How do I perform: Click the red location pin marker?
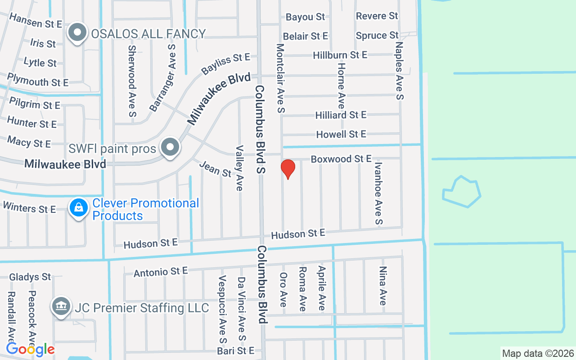point(288,169)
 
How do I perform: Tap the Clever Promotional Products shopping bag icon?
point(79,208)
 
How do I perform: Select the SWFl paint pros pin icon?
point(171,147)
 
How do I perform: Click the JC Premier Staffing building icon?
point(61,307)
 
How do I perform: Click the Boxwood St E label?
point(341,159)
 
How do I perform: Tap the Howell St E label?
point(341,134)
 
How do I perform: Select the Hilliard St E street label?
point(341,115)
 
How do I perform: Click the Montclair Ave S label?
point(281,78)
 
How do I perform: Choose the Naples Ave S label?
point(399,71)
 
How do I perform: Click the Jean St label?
point(215,169)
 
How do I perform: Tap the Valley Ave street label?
point(239,168)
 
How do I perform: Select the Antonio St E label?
point(160,272)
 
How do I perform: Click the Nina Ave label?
point(383,286)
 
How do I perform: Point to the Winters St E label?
point(29,208)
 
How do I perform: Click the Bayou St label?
point(305,17)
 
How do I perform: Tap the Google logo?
point(31,349)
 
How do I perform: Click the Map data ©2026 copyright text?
point(538,353)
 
